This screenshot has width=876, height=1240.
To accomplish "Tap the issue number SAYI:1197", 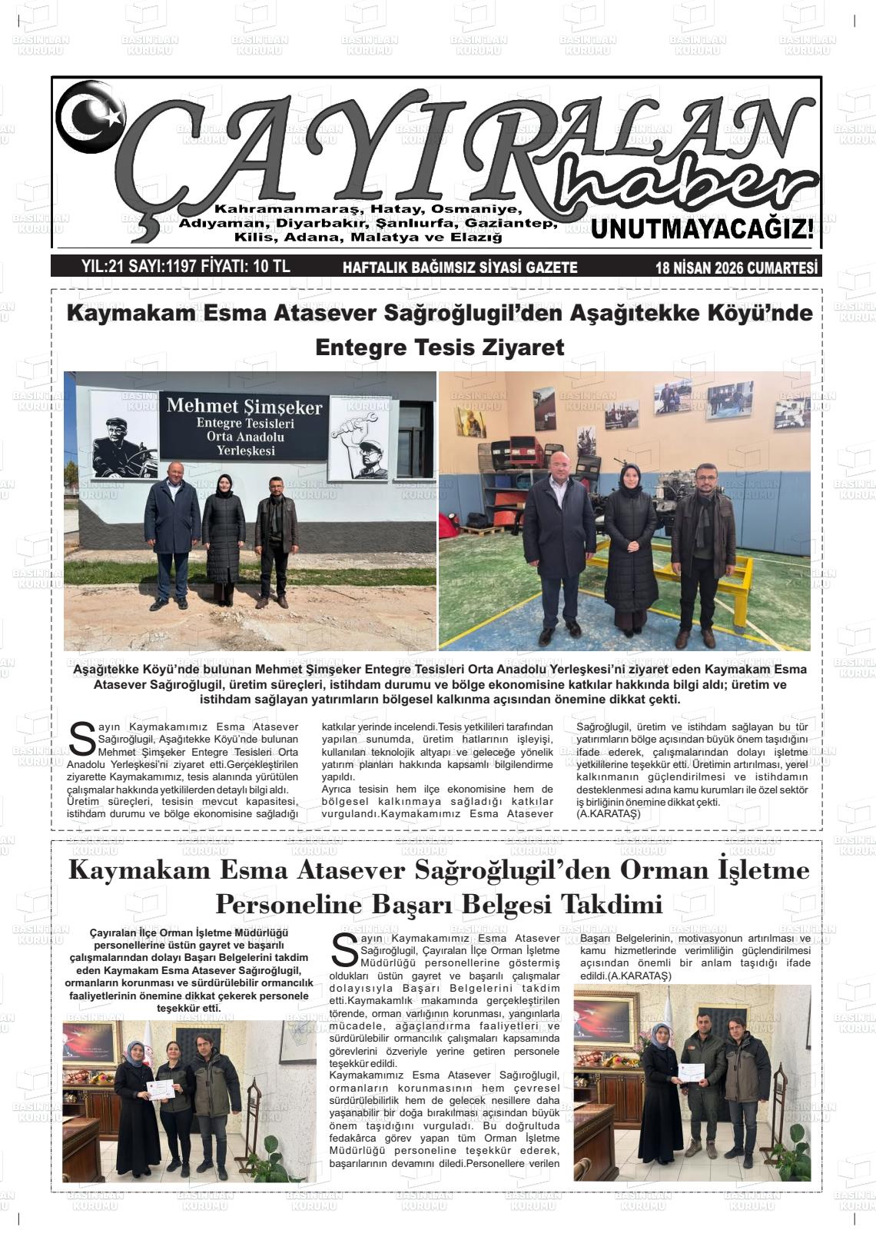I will tap(162, 267).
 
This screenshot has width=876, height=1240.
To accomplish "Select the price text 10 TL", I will tap(270, 267).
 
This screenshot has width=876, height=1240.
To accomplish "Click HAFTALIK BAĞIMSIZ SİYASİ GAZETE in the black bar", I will tap(460, 268).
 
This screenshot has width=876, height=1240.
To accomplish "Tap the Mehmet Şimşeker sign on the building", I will tap(244, 425).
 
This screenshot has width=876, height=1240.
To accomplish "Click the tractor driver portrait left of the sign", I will tap(124, 447).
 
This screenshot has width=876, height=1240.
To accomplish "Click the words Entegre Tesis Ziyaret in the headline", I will tap(440, 347).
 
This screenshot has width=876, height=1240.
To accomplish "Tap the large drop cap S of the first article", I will tap(81, 738).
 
